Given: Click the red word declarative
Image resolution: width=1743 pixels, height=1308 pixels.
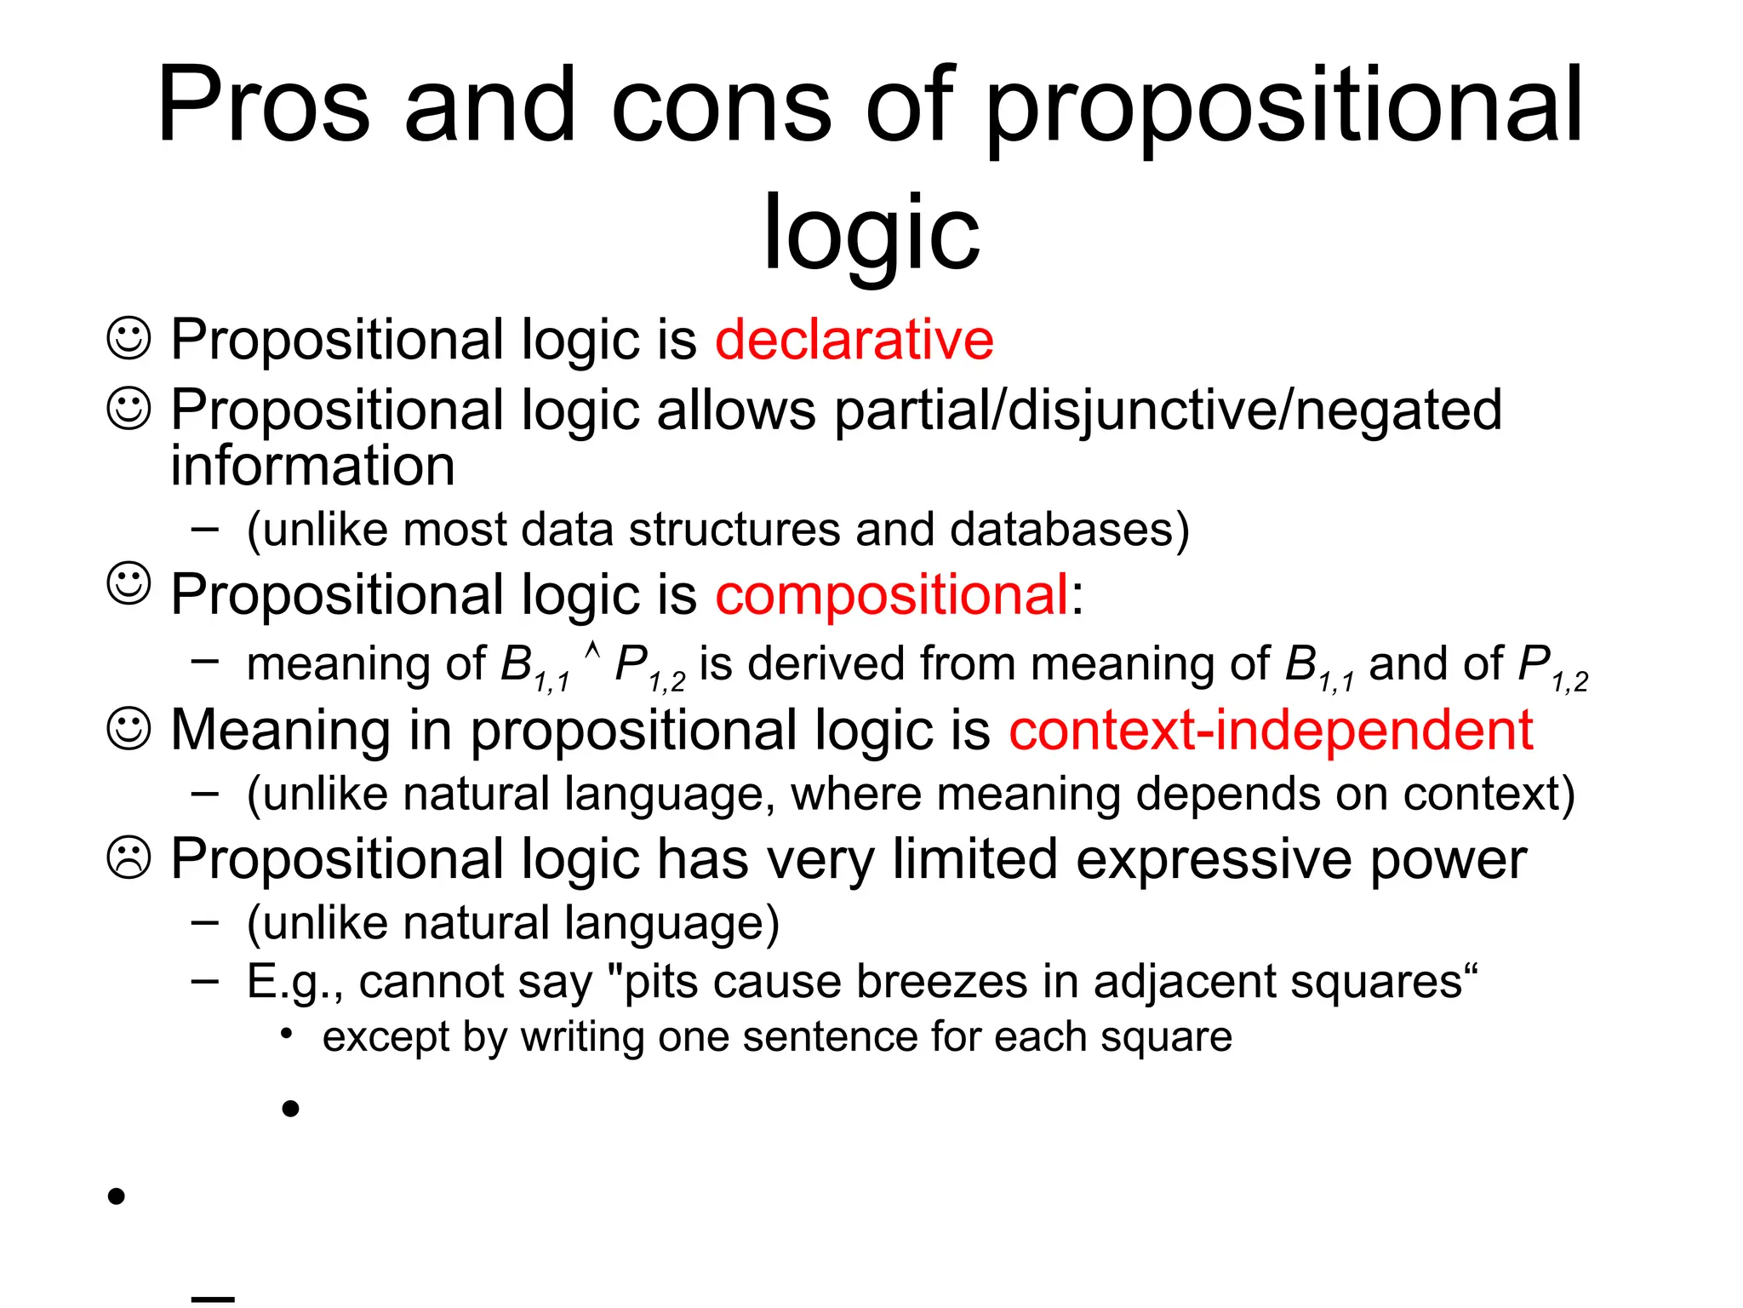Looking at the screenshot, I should [854, 340].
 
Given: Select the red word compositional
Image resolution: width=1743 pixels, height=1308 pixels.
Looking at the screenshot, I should [891, 594].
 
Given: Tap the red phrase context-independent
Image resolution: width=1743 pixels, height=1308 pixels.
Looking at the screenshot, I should [1270, 731].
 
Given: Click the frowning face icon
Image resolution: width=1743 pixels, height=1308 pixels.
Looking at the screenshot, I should [129, 858].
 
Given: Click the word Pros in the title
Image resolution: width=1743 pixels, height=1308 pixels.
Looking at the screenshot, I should [264, 106].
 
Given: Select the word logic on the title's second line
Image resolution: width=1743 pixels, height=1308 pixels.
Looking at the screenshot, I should [871, 232].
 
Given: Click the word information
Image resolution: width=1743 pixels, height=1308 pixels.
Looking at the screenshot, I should [312, 466].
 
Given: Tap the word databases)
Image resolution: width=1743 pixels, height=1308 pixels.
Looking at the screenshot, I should [1069, 530].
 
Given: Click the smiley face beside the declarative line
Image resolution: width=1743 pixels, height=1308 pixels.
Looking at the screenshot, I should [129, 338].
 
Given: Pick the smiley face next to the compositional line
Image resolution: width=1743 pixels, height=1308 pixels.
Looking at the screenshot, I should [129, 583].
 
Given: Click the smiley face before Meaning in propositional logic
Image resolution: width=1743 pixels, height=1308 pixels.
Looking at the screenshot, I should [129, 729].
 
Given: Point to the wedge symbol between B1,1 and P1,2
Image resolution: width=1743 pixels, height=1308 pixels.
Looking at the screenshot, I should [593, 652].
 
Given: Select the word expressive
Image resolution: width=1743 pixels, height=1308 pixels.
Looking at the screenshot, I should [1214, 859].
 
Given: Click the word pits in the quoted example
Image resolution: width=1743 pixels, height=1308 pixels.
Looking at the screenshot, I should [661, 982].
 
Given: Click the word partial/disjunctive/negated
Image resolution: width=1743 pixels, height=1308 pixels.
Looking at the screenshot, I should [1168, 410].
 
